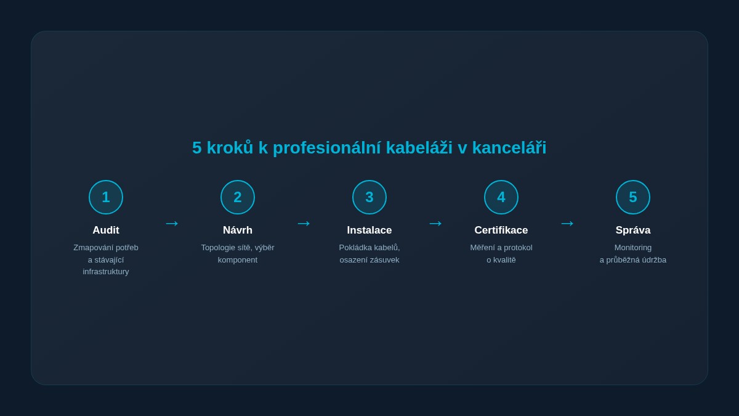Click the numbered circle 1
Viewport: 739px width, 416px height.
pyautogui.click(x=106, y=197)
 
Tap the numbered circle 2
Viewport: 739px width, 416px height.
pyautogui.click(x=238, y=197)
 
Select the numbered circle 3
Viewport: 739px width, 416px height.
pyautogui.click(x=369, y=197)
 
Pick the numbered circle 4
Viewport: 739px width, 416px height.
pyautogui.click(x=501, y=197)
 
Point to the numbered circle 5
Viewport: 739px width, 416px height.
pyautogui.click(x=633, y=197)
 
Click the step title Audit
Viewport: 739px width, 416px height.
pyautogui.click(x=106, y=230)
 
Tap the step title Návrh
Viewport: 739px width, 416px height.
pyautogui.click(x=238, y=230)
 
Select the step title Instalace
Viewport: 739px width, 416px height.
pyautogui.click(x=369, y=230)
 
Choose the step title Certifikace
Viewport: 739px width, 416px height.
pyautogui.click(x=501, y=230)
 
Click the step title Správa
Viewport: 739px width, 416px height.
pyautogui.click(x=633, y=230)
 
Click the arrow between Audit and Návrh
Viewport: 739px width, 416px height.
pyautogui.click(x=172, y=223)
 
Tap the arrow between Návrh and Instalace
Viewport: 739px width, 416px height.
pyautogui.click(x=304, y=223)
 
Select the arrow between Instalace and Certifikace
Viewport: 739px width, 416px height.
pyautogui.click(x=435, y=223)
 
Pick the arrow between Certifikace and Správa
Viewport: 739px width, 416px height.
pyautogui.click(x=567, y=223)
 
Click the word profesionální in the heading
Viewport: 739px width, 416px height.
pyautogui.click(x=327, y=148)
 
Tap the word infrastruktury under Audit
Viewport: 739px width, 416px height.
pyautogui.click(x=106, y=272)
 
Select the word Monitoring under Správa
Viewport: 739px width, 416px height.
pyautogui.click(x=633, y=248)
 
